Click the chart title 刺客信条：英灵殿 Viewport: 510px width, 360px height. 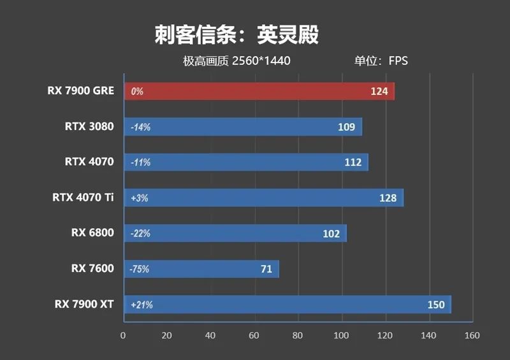236,34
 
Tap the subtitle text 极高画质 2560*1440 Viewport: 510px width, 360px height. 237,61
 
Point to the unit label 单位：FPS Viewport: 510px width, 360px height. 381,61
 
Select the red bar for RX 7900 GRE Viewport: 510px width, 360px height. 258,91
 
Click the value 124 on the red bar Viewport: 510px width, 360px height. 379,91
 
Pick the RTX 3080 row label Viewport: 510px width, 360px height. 89,126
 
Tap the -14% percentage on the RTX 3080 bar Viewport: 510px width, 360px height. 140,127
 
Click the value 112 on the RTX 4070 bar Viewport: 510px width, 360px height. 353,162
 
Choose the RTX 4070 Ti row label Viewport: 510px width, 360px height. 83,198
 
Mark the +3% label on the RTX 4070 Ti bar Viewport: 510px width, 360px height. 139,198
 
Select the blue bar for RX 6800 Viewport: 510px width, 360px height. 234,233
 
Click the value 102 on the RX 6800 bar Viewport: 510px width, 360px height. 331,234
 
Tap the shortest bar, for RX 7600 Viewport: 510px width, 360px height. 201,269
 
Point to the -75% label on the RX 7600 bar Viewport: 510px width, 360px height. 140,270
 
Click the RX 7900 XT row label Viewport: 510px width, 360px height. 84,304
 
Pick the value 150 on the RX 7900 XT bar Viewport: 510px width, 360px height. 436,305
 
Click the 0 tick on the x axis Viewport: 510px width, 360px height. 123,335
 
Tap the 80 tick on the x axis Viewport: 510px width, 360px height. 297,335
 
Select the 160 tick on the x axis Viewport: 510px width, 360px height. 471,335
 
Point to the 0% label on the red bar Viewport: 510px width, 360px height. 136,92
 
